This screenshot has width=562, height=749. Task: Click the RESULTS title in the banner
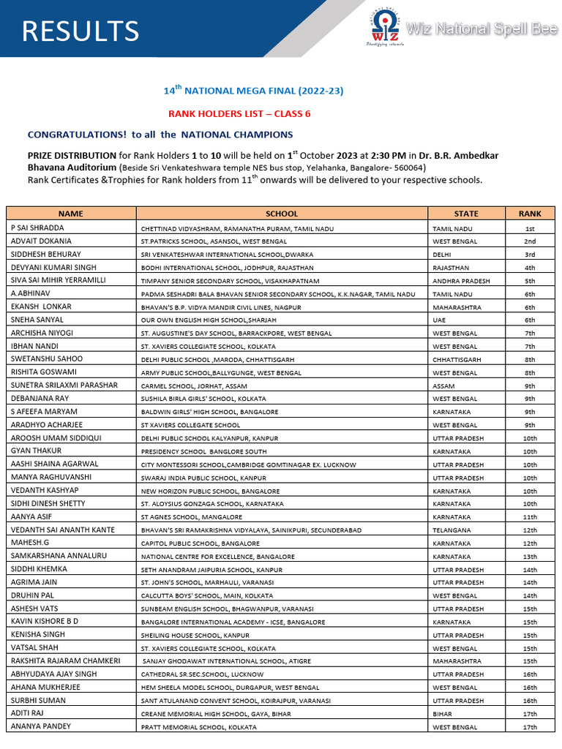tap(80, 31)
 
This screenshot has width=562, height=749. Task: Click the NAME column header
tap(71, 214)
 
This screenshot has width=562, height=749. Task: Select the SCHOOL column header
tap(282, 214)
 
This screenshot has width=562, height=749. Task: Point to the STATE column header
tap(466, 214)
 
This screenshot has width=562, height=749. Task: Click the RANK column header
tap(530, 214)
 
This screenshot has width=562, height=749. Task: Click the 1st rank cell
tap(530, 228)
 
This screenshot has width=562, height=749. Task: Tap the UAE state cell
tap(440, 320)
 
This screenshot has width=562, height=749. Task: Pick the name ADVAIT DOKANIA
tap(41, 241)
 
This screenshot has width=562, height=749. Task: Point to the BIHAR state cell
tap(442, 714)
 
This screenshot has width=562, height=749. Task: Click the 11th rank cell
tap(530, 517)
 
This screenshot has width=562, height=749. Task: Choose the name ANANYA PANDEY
tap(41, 726)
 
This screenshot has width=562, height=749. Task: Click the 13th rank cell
tap(530, 557)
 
